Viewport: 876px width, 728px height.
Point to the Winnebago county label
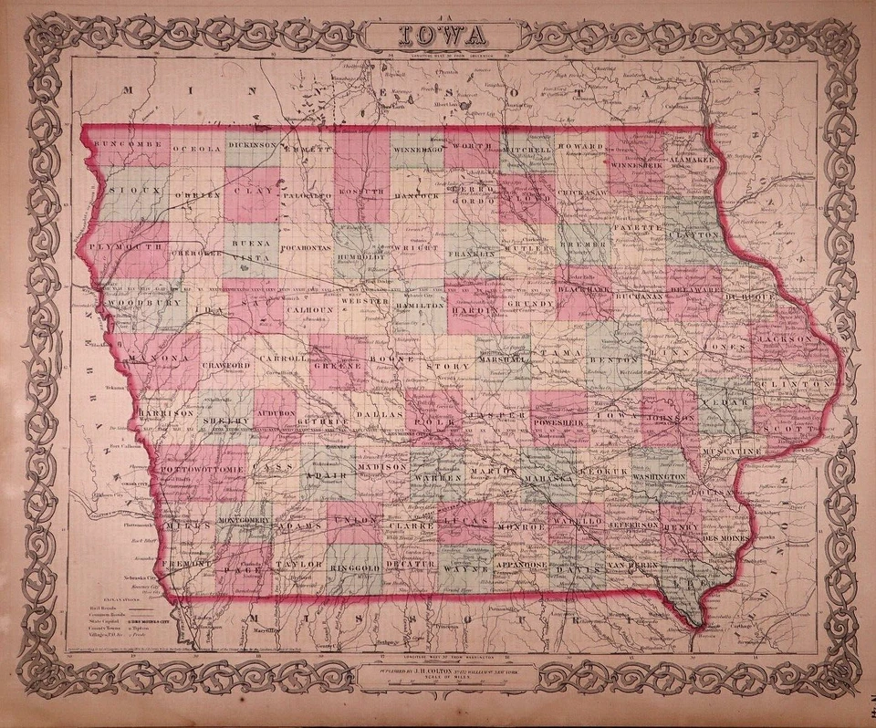coord(417,147)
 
